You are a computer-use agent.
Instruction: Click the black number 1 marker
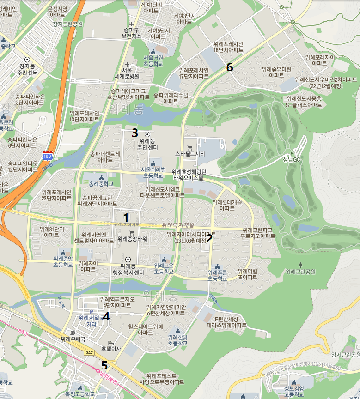tap(126, 217)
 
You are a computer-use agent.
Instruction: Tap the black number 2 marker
tap(209, 238)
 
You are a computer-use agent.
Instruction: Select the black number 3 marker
tap(134, 133)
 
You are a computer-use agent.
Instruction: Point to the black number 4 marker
tap(106, 316)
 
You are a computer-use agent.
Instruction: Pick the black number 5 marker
tap(104, 365)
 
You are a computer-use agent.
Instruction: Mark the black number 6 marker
tap(229, 67)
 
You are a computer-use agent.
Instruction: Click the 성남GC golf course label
tap(292, 159)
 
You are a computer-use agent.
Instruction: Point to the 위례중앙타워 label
tap(132, 239)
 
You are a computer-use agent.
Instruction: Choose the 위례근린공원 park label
tap(300, 271)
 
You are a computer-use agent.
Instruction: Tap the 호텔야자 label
tap(110, 349)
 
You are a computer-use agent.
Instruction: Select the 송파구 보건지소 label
tap(131, 33)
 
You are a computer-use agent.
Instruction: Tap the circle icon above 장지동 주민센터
tap(27, 60)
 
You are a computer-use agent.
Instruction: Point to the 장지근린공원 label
tap(67, 24)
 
